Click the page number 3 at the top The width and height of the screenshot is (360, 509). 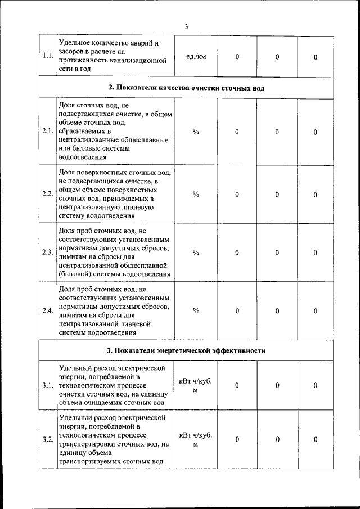[x=186, y=26]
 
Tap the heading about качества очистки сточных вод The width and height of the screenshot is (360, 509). [x=186, y=88]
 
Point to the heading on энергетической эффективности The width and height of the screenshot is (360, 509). [x=186, y=350]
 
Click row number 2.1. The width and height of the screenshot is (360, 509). [x=48, y=132]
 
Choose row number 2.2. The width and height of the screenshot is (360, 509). [x=48, y=194]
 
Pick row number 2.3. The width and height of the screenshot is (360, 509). [x=48, y=252]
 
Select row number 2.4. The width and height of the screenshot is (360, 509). [x=48, y=310]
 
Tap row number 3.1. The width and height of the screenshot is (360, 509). [x=48, y=385]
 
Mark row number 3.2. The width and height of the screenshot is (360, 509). [x=48, y=439]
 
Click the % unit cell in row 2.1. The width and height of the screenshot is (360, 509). [x=196, y=132]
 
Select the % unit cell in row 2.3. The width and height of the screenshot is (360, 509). [x=196, y=252]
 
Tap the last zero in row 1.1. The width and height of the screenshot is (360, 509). [x=316, y=57]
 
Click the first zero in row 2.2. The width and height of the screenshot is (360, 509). [x=237, y=195]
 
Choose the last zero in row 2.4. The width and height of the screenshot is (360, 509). [x=316, y=311]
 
